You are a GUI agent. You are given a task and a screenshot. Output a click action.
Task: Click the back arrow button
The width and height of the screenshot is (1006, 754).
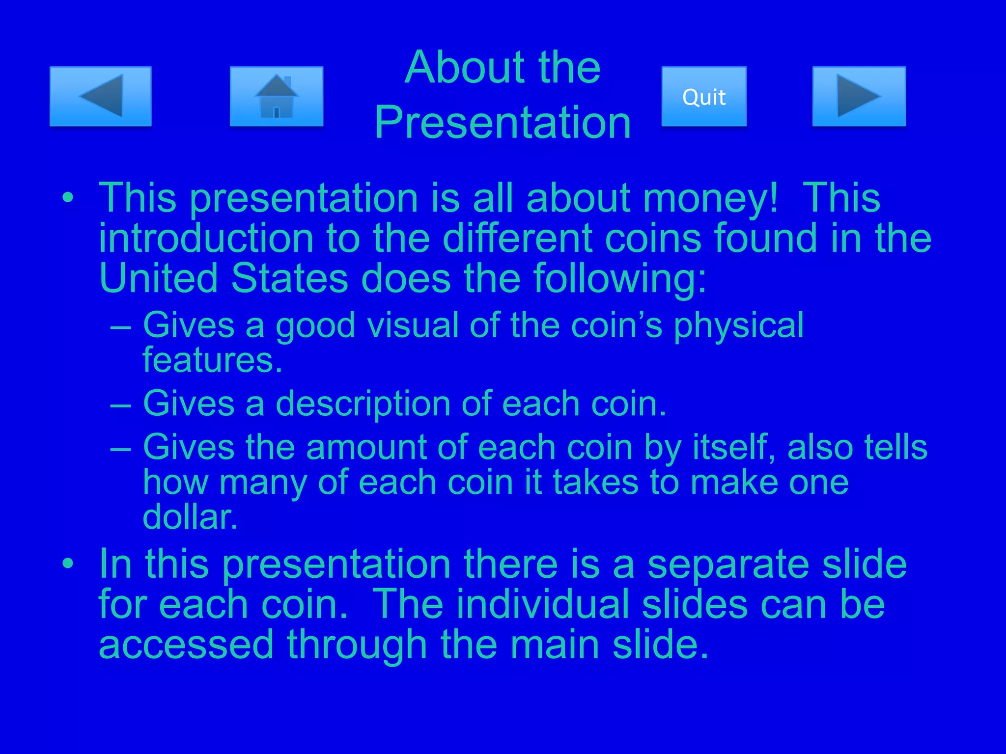(100, 96)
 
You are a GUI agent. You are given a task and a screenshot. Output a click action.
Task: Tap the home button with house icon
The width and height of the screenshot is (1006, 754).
(276, 96)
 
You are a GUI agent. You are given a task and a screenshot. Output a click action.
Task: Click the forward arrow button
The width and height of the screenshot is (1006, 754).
(859, 96)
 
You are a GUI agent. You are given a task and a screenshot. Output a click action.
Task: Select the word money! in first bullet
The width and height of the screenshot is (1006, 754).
(711, 199)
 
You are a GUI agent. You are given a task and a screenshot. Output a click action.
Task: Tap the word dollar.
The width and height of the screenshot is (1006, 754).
(190, 517)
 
